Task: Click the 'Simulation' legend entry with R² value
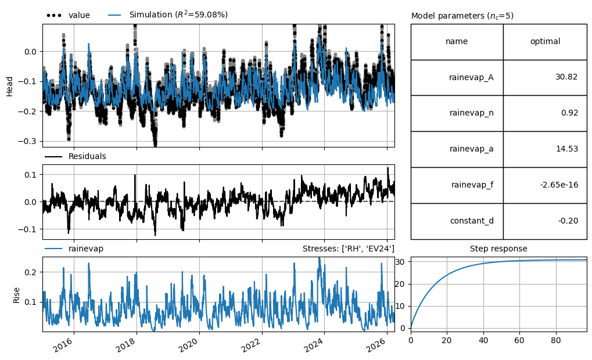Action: (x=168, y=15)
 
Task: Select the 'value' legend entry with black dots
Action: (x=69, y=15)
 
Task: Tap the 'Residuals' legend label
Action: (x=76, y=156)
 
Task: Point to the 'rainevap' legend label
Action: (x=74, y=249)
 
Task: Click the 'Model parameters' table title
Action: (x=462, y=16)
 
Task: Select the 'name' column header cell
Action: (x=457, y=41)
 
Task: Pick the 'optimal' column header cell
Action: (x=545, y=41)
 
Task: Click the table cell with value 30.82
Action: (x=545, y=77)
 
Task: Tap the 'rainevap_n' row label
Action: (x=472, y=113)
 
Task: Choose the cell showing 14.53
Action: (x=545, y=149)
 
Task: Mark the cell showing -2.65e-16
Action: (x=545, y=185)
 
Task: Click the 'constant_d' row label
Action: (x=472, y=221)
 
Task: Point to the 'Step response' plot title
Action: (x=498, y=249)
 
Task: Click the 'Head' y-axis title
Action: (x=10, y=87)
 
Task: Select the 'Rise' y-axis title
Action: (x=16, y=295)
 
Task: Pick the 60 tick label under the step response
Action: (x=519, y=340)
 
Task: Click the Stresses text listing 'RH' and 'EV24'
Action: (x=349, y=249)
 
